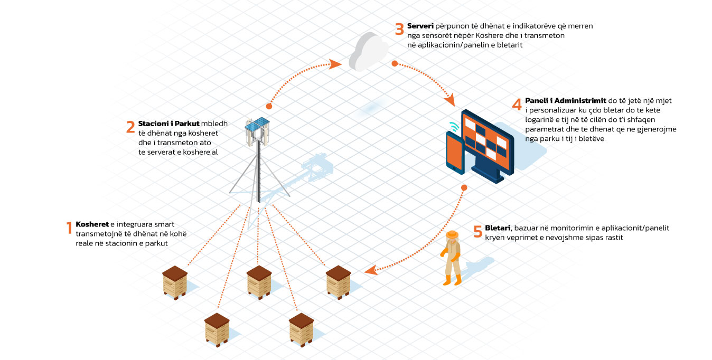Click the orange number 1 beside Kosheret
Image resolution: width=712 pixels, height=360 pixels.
(69, 228)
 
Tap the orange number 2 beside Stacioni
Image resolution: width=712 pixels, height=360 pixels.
(130, 127)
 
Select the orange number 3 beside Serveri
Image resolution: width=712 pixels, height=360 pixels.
(399, 29)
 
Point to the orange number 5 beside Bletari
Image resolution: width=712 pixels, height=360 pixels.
(477, 231)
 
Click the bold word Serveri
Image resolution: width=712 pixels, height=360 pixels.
(420, 26)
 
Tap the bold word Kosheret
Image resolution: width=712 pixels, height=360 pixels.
(92, 224)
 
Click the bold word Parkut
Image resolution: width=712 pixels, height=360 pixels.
(187, 124)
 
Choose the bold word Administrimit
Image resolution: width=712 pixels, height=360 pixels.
(580, 101)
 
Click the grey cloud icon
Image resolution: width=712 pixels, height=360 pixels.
(368, 52)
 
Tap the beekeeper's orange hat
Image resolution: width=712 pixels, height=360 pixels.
(452, 235)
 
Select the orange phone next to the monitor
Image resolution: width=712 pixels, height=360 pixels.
(455, 153)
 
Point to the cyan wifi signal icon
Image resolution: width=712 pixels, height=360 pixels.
(455, 127)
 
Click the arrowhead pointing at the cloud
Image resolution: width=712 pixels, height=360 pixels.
(335, 64)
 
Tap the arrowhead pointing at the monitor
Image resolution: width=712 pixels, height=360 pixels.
(450, 100)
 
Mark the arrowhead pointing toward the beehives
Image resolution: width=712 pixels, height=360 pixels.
(371, 270)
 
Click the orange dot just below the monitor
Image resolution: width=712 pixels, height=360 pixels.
(464, 188)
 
